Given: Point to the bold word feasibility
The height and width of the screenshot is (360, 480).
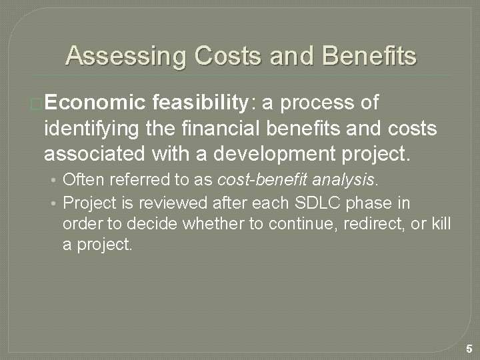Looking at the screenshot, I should (x=199, y=103).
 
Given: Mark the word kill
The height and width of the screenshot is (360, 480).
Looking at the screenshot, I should (x=440, y=224).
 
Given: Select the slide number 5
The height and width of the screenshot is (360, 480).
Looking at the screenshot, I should (x=469, y=348).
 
